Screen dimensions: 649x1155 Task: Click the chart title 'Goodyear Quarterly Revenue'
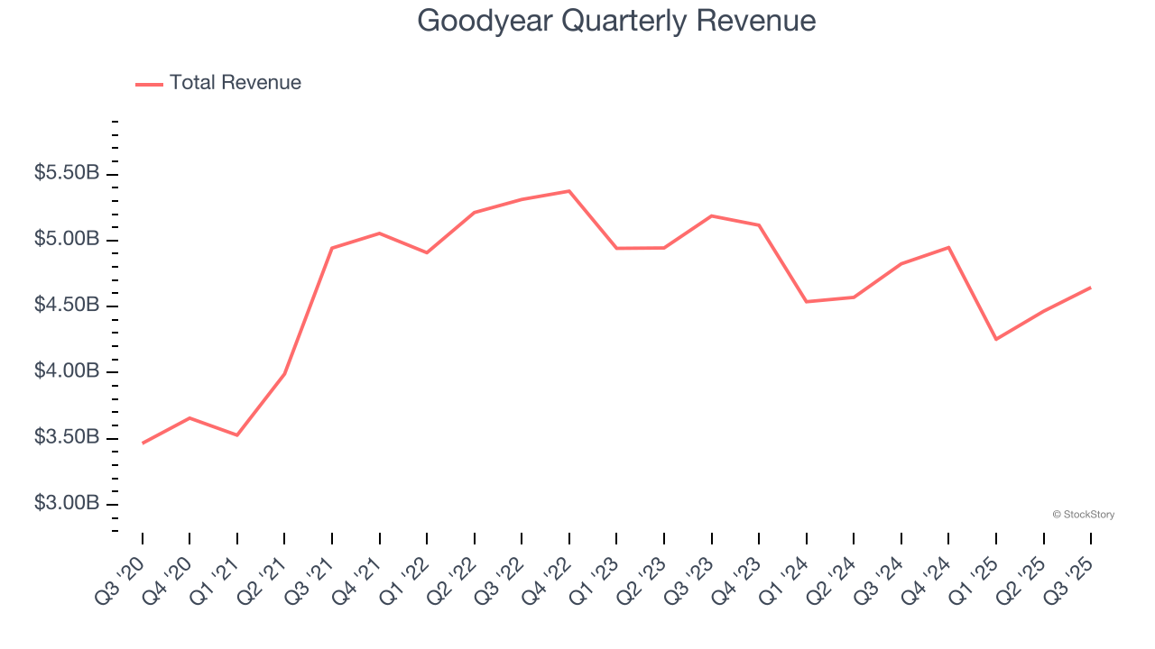[x=616, y=21]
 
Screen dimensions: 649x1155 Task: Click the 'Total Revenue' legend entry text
[x=235, y=83]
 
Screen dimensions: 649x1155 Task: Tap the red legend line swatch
[x=149, y=84]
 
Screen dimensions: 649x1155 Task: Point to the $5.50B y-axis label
[x=67, y=173]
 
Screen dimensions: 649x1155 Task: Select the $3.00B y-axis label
[x=67, y=503]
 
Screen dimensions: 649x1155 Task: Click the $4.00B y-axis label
[x=67, y=371]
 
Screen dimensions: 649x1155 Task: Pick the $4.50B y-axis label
[x=67, y=306]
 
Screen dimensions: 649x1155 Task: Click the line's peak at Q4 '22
[x=569, y=191]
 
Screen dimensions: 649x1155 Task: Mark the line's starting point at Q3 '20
[x=143, y=443]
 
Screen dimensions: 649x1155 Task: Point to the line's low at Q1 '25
[x=996, y=340]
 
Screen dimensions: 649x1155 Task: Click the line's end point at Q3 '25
[x=1091, y=288]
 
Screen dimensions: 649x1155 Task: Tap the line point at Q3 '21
[x=332, y=248]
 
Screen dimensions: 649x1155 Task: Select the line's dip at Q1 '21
[x=237, y=435]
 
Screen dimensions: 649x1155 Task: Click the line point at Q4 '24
[x=948, y=247]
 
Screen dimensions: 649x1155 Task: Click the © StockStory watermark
[x=1083, y=515]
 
